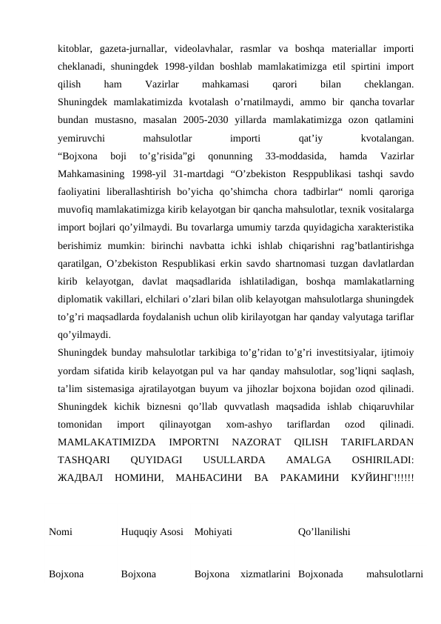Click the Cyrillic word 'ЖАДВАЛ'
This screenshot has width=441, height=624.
[x=79, y=476]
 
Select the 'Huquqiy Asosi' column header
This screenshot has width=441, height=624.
[x=152, y=532]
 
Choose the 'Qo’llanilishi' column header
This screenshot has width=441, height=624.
[x=324, y=532]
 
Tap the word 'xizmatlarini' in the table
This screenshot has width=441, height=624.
[x=264, y=573]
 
